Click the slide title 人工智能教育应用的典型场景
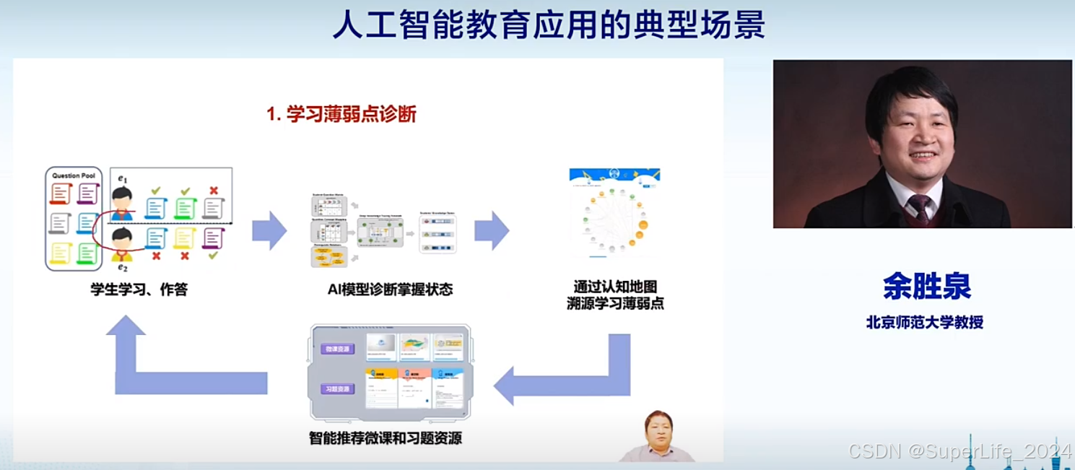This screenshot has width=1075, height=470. click(x=549, y=25)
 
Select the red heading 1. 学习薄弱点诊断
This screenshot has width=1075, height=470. click(x=341, y=114)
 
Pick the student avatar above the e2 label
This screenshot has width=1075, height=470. click(x=122, y=242)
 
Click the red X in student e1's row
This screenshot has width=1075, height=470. click(x=213, y=191)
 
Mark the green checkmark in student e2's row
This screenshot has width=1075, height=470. click(x=213, y=256)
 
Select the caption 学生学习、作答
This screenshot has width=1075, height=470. click(x=139, y=290)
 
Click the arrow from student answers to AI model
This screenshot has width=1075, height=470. click(x=269, y=230)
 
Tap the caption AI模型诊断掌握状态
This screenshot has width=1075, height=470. click(x=390, y=290)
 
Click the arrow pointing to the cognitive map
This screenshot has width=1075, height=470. click(x=491, y=230)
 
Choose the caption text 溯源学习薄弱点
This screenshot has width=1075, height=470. click(x=615, y=304)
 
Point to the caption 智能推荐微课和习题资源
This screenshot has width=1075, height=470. click(x=386, y=438)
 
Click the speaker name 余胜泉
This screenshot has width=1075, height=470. click(x=926, y=287)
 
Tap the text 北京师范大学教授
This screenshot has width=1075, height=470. click(x=924, y=322)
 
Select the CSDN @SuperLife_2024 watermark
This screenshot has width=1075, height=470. click(x=960, y=452)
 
